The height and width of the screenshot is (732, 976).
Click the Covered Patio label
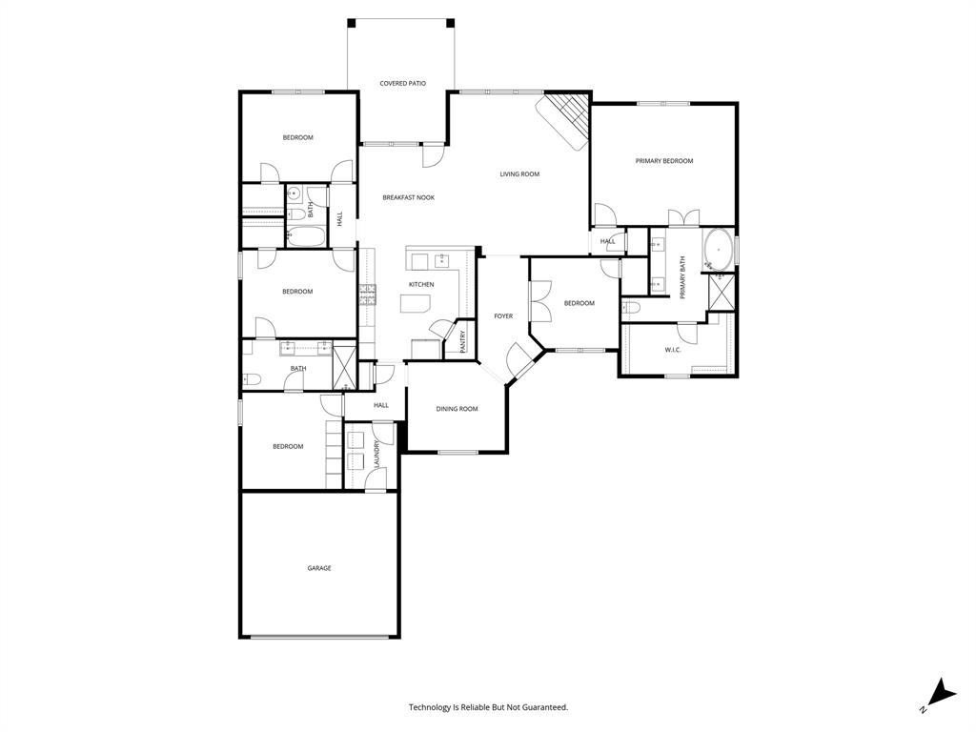[402, 84]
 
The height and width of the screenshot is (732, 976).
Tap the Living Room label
[520, 174]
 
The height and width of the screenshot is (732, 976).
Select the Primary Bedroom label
[664, 161]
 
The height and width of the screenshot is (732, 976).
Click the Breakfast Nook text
[408, 197]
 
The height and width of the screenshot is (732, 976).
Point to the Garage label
[319, 568]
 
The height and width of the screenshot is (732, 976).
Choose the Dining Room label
[457, 409]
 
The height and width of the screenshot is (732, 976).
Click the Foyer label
[503, 316]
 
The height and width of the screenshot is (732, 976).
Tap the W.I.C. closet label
[673, 350]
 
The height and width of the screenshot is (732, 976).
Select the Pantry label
[463, 341]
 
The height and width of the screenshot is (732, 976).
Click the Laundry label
[377, 455]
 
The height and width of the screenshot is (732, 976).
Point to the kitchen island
[417, 304]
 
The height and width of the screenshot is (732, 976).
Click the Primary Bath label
[682, 278]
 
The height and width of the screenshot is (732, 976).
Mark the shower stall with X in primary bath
[722, 293]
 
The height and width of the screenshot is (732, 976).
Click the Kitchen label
[421, 285]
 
